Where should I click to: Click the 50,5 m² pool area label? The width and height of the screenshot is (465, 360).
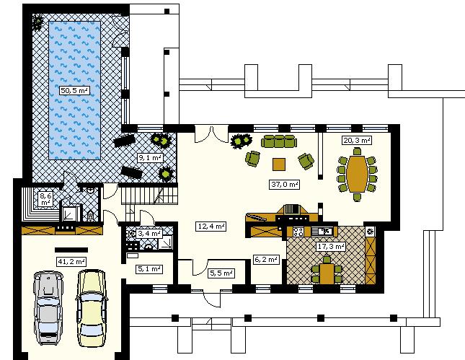(74, 90)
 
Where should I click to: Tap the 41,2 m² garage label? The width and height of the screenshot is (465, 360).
(71, 261)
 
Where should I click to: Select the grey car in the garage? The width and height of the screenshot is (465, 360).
(48, 307)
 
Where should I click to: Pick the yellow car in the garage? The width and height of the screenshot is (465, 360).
(92, 308)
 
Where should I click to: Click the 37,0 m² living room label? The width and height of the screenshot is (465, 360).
(285, 184)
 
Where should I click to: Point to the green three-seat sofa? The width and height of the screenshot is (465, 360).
(279, 141)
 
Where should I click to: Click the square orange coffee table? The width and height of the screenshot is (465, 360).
(279, 164)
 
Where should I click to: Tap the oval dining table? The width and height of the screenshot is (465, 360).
(357, 174)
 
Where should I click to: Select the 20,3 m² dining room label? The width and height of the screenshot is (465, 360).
(357, 140)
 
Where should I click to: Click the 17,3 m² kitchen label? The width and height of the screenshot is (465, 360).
(331, 246)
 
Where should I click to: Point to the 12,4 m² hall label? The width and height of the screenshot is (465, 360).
(211, 227)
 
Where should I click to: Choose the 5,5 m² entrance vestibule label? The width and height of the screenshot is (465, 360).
(221, 273)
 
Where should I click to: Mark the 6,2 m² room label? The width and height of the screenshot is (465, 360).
(266, 260)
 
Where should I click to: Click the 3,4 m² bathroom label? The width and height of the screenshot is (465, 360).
(149, 233)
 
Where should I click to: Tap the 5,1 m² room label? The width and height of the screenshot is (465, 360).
(149, 269)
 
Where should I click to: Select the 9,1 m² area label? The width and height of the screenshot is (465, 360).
(150, 157)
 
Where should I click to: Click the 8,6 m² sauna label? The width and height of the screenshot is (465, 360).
(46, 199)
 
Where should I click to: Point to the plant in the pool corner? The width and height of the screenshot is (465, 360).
(37, 22)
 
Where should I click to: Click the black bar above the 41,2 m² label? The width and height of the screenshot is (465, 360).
(71, 250)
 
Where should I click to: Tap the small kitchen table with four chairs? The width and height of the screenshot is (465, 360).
(327, 271)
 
